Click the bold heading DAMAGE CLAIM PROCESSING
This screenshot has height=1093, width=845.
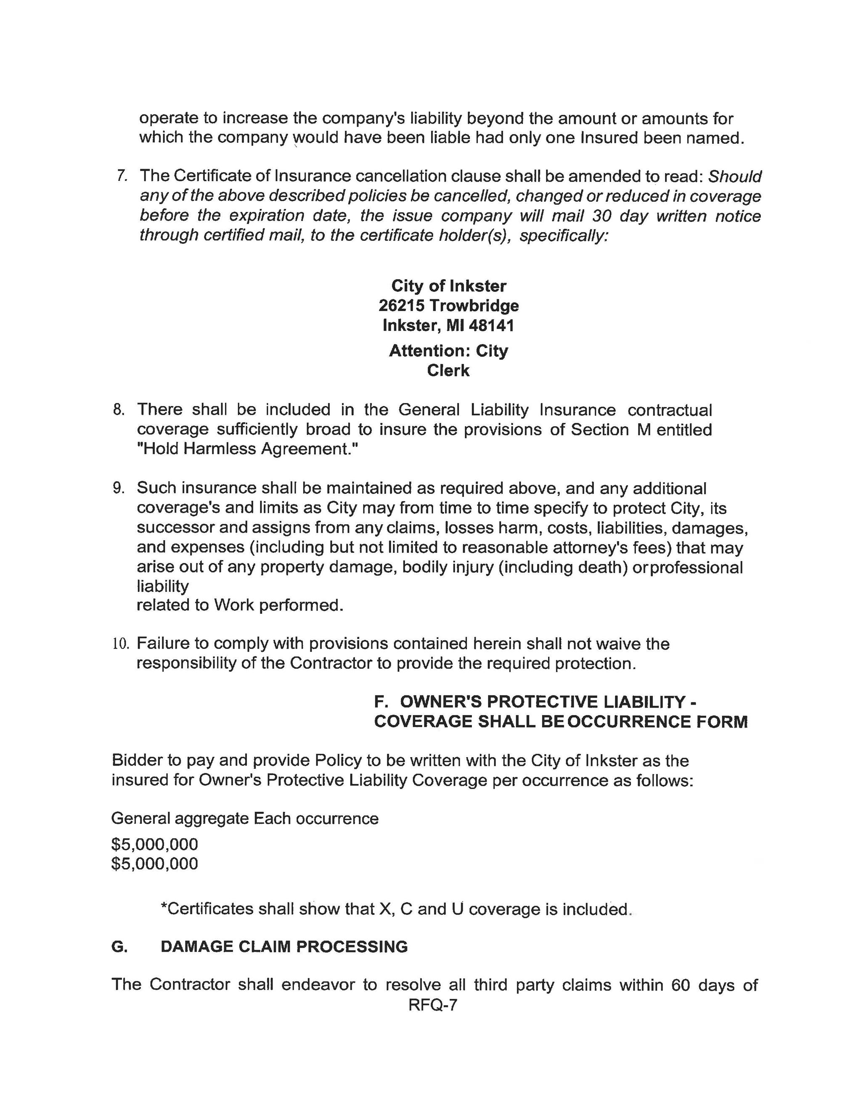284,946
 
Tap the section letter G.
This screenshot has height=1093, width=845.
119,946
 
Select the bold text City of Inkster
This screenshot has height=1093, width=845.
448,286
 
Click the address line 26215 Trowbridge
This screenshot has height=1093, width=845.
448,305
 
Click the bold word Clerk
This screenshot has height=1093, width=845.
448,370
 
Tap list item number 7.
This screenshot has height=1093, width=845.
121,176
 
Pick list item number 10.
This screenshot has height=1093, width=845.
121,644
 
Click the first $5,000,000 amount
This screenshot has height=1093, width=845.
155,844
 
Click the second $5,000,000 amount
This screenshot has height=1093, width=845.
155,863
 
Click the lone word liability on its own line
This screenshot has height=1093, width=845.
163,586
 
